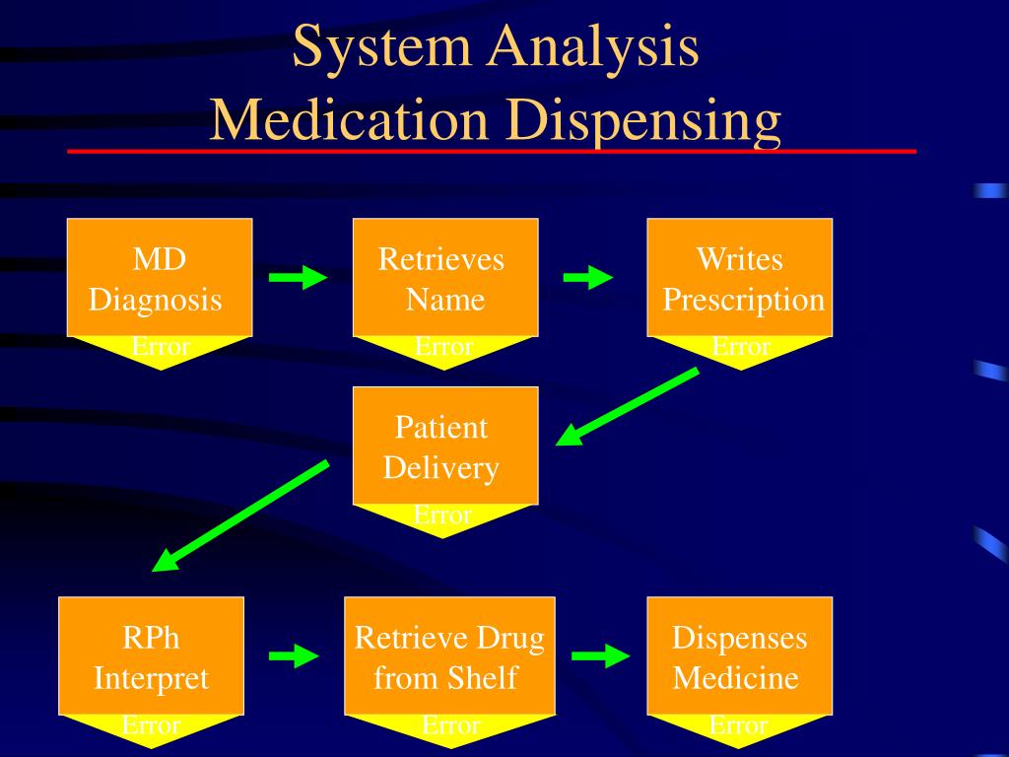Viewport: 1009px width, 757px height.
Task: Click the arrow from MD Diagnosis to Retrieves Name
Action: pyautogui.click(x=298, y=277)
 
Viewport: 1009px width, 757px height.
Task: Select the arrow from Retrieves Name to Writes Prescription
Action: pyautogui.click(x=588, y=277)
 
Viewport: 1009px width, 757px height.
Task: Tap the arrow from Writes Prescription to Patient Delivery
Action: pyautogui.click(x=627, y=406)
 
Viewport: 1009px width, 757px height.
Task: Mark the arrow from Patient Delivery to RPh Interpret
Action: pyautogui.click(x=240, y=515)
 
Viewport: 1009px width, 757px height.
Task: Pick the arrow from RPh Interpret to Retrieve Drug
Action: pyautogui.click(x=294, y=655)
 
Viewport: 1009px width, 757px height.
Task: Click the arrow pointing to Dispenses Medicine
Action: pyautogui.click(x=601, y=655)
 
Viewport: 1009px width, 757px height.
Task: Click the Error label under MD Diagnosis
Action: pyautogui.click(x=161, y=346)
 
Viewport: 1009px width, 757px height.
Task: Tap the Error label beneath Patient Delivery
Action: pyautogui.click(x=442, y=515)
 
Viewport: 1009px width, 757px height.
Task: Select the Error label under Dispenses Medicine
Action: pyautogui.click(x=739, y=725)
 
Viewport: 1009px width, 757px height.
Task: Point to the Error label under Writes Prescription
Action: pyautogui.click(x=741, y=346)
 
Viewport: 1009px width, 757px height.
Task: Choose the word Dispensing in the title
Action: pyautogui.click(x=643, y=121)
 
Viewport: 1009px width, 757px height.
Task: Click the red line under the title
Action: pyautogui.click(x=492, y=151)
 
